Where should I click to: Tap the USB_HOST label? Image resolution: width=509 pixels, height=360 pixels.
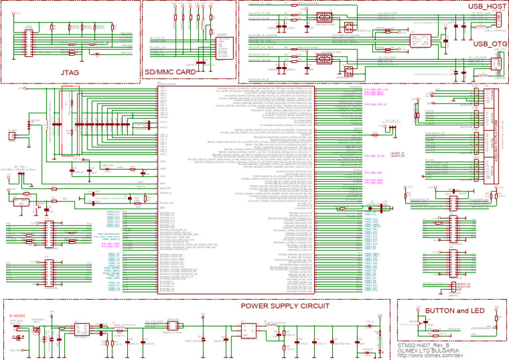pos(487,6)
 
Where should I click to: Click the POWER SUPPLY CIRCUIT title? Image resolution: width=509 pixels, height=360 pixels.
pos(284,306)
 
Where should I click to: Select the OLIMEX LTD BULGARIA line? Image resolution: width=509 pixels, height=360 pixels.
pos(429,351)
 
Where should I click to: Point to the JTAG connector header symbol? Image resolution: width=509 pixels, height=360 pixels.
pos(28,36)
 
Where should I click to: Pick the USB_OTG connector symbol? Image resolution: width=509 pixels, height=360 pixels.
pos(494,63)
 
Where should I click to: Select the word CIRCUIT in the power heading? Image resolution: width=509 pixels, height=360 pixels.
pos(311,306)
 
